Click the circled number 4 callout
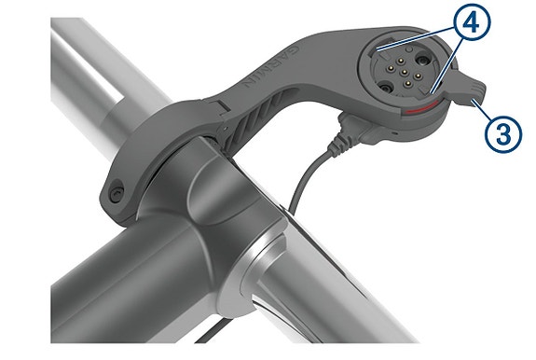click(x=472, y=22)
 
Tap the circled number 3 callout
click(x=503, y=133)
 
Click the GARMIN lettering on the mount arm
click(x=269, y=67)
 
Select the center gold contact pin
click(x=405, y=72)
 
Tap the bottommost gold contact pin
click(x=407, y=82)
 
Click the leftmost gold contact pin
click(x=392, y=69)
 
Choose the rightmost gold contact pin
click(x=418, y=76)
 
